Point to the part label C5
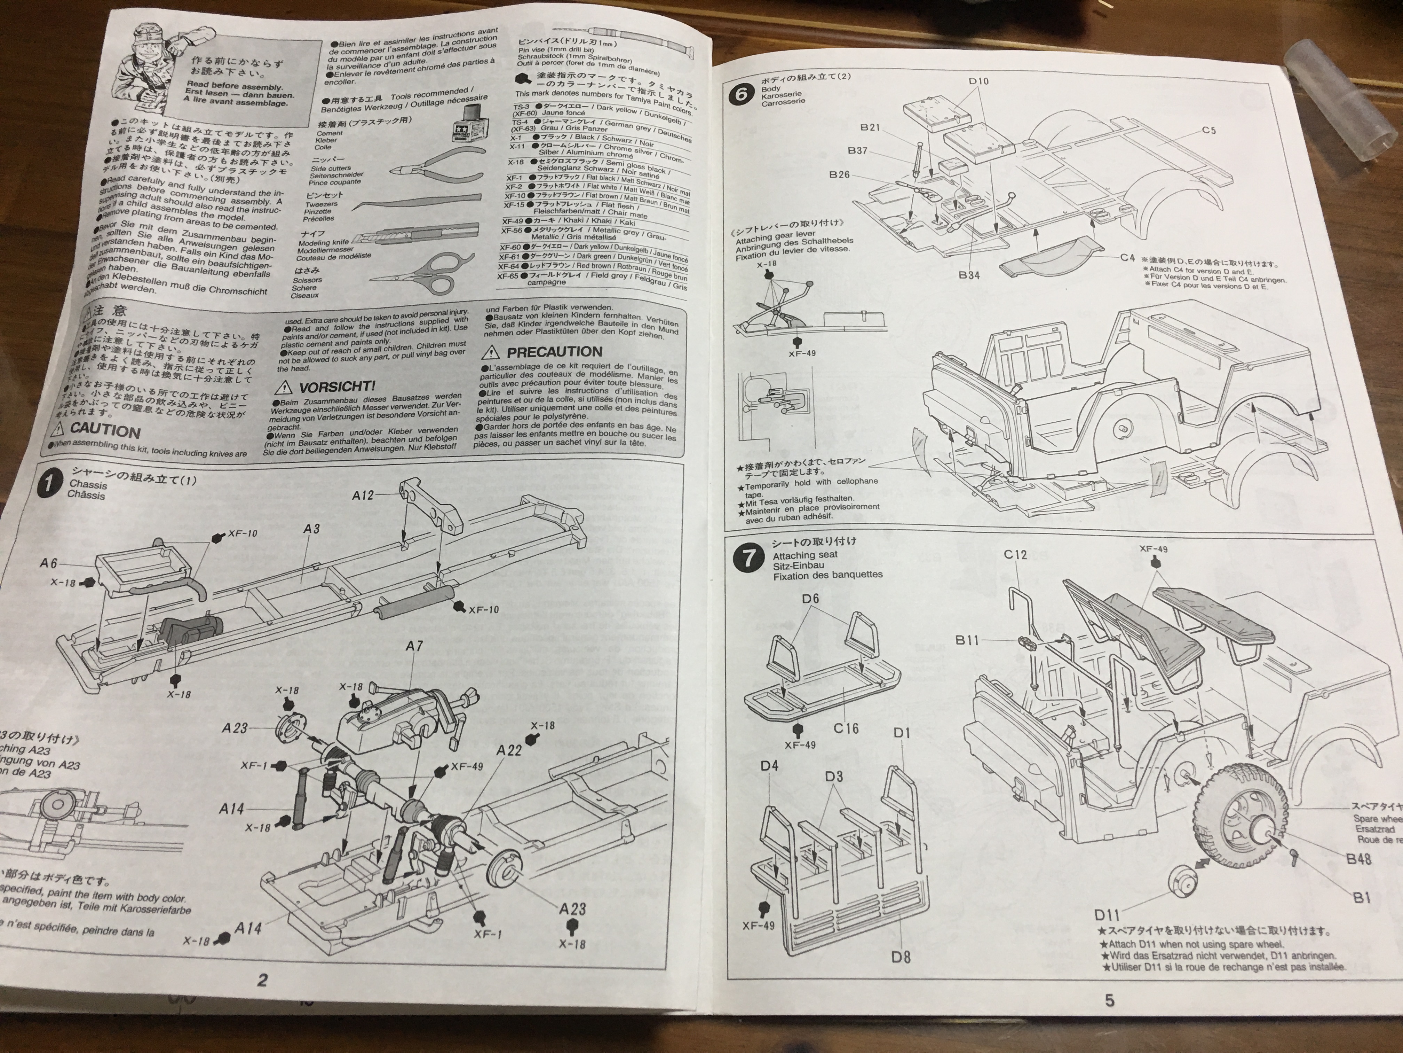tap(1208, 131)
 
